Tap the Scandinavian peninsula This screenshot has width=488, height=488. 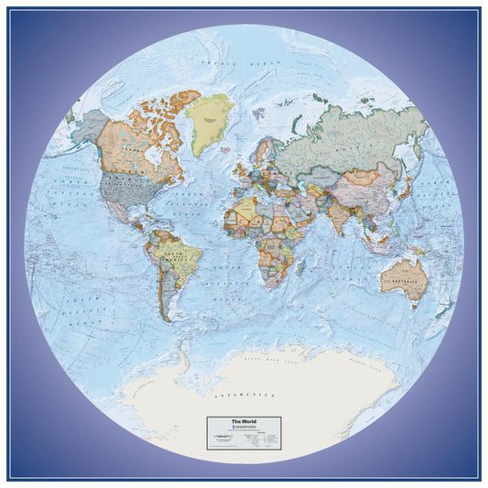click(x=266, y=146)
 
